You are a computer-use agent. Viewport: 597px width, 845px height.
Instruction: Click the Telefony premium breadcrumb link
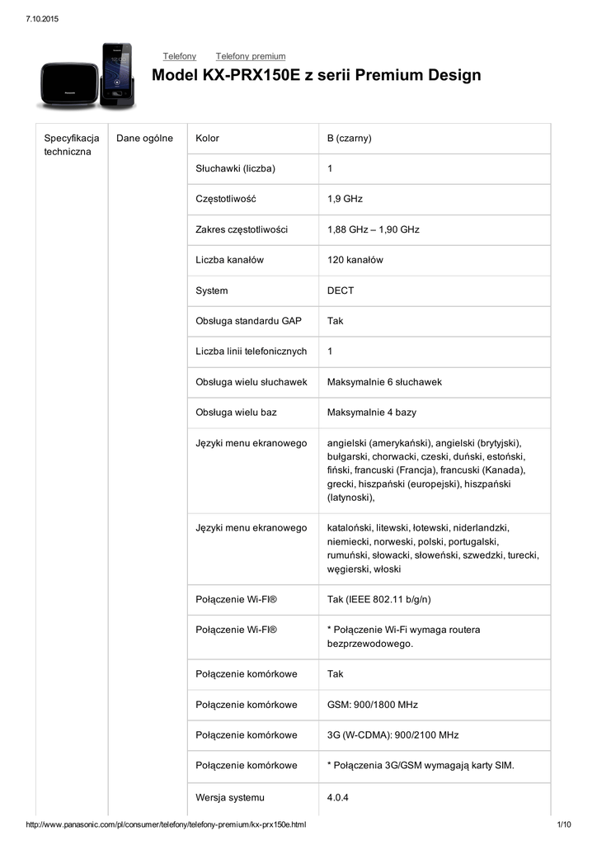click(251, 56)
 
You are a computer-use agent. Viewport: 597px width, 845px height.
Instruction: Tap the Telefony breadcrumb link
click(180, 56)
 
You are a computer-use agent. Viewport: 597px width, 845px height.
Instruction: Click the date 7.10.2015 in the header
click(41, 18)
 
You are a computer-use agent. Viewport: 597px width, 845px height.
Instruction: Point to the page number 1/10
click(565, 825)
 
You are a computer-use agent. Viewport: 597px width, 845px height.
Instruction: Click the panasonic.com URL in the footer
click(167, 825)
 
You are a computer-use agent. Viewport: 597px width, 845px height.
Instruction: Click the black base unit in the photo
click(68, 79)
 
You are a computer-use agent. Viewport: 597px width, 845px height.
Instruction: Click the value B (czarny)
click(350, 138)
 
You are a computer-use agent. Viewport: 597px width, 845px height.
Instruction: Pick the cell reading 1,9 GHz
click(345, 199)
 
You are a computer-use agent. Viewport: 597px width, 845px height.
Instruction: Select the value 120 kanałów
click(355, 260)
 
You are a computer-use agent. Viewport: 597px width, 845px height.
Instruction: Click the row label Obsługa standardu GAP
click(248, 321)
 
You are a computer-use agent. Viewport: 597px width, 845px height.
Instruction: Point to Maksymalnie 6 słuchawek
click(384, 382)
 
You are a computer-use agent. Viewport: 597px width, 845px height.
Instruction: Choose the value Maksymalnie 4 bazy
click(372, 412)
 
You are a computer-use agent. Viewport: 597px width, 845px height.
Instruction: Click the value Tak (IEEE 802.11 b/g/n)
click(379, 599)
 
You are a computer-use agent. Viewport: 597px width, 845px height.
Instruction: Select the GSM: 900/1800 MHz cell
click(373, 705)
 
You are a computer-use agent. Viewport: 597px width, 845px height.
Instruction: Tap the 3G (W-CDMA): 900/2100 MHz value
click(393, 734)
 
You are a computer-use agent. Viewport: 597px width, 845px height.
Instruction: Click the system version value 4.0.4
click(338, 797)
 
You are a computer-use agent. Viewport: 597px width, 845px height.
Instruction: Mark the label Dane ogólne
click(145, 138)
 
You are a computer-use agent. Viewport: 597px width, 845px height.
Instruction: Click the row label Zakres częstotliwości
click(242, 229)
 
